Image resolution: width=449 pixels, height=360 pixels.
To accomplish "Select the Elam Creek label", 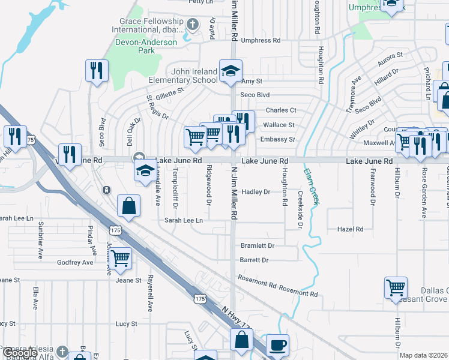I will coord(313,188).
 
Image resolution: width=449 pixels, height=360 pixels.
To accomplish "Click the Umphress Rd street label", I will coord(261,41).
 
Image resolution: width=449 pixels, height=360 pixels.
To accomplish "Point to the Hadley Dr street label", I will coord(256,192).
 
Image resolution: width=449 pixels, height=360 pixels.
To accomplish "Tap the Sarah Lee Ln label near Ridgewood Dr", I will coord(184,221).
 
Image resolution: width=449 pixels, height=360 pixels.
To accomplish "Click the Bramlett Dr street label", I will coord(257,246).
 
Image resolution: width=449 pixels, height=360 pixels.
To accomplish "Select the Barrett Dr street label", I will coord(254,260).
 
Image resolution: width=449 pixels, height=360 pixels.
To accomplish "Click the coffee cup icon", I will coord(277,346).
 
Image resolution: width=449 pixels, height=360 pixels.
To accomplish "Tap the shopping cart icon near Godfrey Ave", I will coord(121,259).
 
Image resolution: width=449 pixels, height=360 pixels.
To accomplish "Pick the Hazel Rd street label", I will coord(351,229).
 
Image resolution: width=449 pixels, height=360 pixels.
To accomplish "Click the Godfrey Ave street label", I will coord(75,263).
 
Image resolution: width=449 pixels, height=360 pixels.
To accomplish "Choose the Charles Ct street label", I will coord(281,110).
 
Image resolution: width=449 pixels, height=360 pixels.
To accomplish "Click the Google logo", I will coord(19,353).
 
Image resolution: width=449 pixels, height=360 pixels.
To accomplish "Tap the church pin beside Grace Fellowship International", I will coord(192,25).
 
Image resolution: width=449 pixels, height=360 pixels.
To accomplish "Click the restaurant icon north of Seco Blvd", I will coord(96,71).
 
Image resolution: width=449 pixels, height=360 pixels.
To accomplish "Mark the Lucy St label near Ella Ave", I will coord(127,323).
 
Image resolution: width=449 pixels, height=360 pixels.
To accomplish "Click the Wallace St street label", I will coord(279,125).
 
